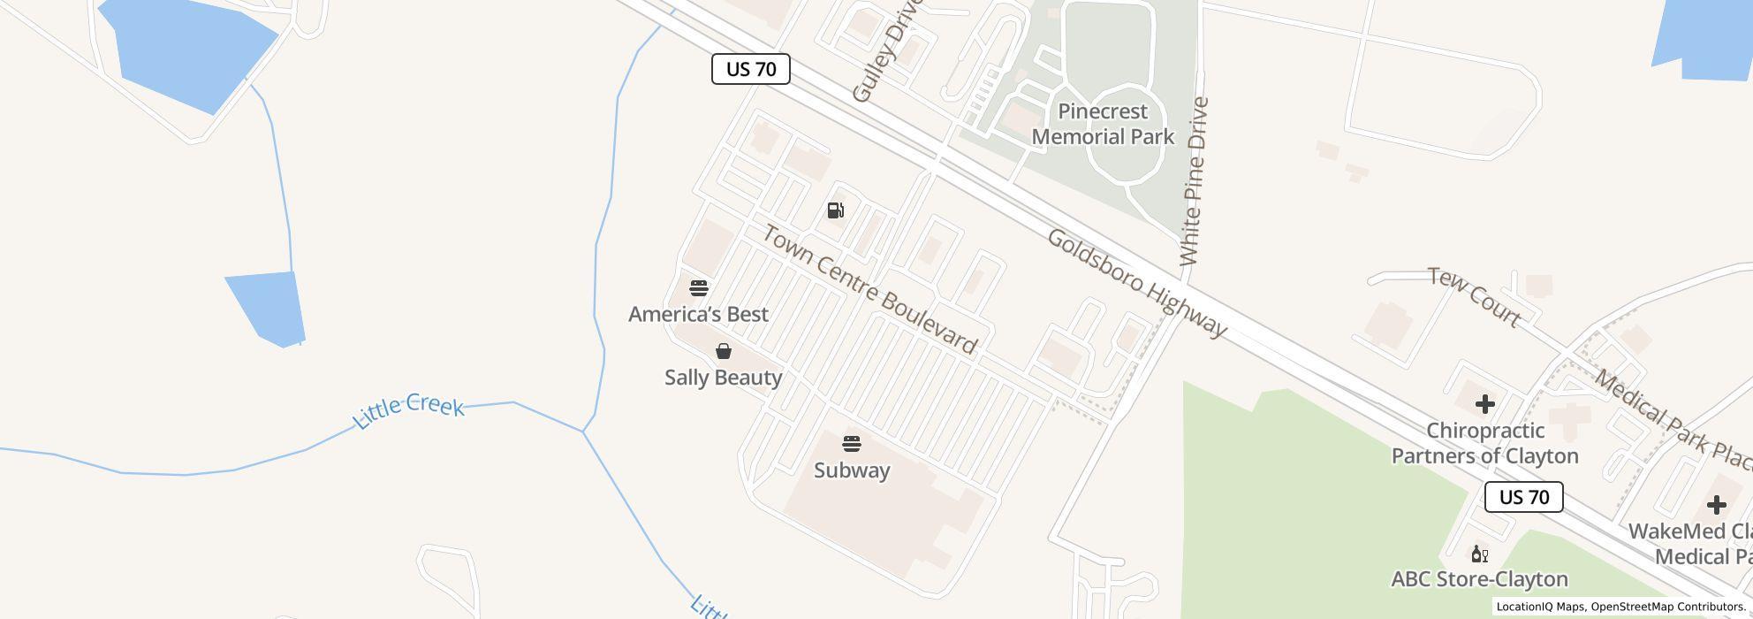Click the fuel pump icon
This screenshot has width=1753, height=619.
836,210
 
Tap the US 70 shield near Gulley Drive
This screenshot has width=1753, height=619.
751,69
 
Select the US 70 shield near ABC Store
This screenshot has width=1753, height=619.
1524,497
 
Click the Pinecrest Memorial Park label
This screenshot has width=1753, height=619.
1103,124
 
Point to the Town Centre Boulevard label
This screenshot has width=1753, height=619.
870,289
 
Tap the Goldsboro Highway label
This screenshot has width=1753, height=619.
1137,283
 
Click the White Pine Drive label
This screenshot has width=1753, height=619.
1194,181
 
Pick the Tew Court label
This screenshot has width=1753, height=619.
1475,297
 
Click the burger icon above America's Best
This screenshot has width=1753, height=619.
699,288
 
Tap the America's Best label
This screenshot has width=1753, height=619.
698,314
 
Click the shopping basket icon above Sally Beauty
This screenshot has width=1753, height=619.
724,351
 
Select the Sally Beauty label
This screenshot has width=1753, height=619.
724,378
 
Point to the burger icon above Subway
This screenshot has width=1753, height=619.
852,444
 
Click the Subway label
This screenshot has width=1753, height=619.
852,470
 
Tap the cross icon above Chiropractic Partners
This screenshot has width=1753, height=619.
1485,404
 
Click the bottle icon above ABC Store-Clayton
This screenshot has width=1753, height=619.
1479,554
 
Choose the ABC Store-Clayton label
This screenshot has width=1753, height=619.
1479,579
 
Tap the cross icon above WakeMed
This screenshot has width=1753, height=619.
1717,505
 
